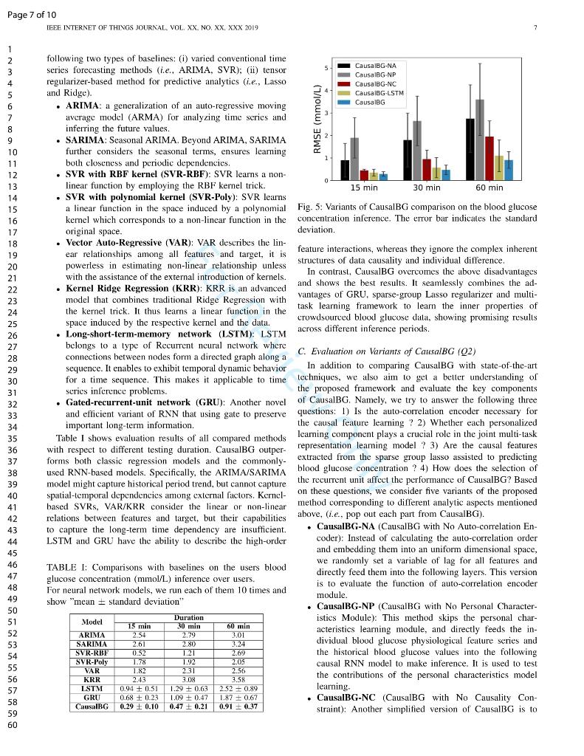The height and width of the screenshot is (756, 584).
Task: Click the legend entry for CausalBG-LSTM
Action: pos(379,93)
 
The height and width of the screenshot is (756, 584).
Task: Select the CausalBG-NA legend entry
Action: pos(375,66)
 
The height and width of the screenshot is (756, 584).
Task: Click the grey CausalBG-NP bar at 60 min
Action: pos(480,140)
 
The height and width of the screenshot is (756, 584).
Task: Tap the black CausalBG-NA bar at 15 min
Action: pos(345,170)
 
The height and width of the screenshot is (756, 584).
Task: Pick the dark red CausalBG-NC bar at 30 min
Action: pos(426,169)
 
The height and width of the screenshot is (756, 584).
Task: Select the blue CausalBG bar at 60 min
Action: pos(508,170)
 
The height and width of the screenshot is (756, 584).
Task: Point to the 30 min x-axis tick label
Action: pos(426,188)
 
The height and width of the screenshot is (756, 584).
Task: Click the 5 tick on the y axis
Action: pos(327,69)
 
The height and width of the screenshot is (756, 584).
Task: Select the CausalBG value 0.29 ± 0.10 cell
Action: pos(139,707)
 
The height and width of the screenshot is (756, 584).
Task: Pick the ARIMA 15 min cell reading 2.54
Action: pos(139,635)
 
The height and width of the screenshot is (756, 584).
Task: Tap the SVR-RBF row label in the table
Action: pos(92,653)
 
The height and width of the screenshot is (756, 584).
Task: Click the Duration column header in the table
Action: pos(188,617)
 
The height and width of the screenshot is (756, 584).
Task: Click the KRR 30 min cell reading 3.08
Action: pos(188,679)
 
